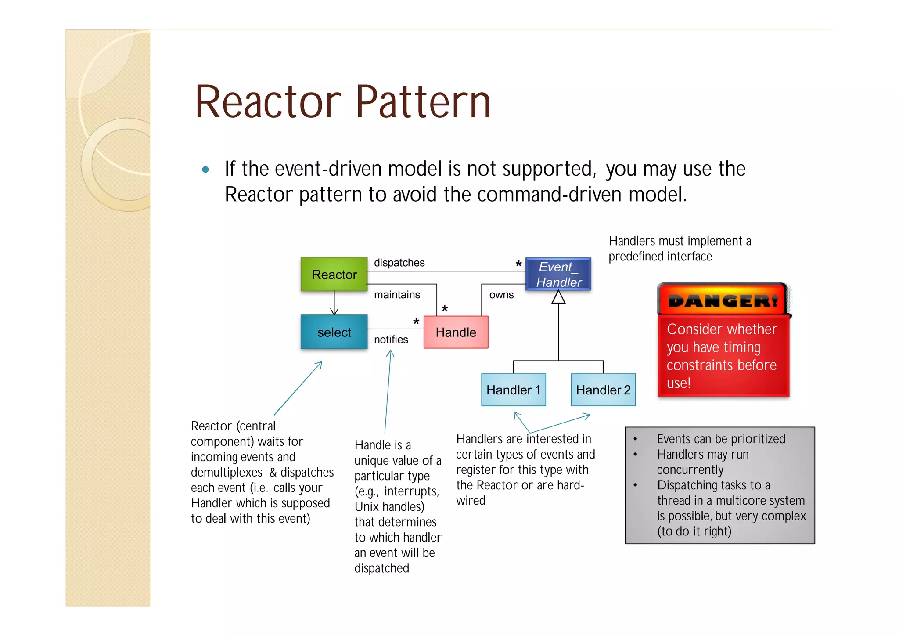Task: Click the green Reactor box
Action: coord(334,275)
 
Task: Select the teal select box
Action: coord(334,332)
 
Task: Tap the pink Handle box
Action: coord(456,332)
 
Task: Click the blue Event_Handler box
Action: coord(558,275)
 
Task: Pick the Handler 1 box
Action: coord(513,390)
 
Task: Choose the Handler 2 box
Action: coord(603,390)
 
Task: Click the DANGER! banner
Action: coord(723,300)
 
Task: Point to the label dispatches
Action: coord(399,263)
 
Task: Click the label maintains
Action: coord(397,295)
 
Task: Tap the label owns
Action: coord(501,295)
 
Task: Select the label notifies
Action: coord(391,340)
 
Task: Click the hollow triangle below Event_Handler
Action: coord(558,297)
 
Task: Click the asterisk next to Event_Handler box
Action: coord(518,264)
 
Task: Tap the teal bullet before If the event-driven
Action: coord(205,170)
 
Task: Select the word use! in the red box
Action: coord(678,383)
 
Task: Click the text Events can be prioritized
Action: coord(721,439)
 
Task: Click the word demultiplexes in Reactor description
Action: coord(227,472)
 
